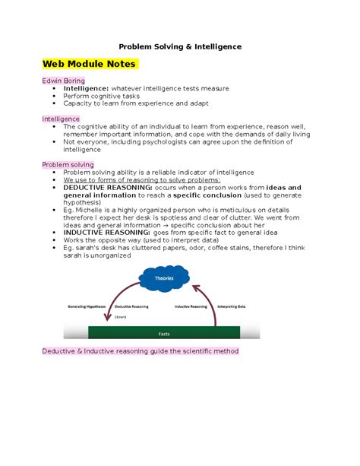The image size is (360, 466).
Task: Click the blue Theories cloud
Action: point(164,279)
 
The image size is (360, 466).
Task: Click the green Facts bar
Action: point(164,333)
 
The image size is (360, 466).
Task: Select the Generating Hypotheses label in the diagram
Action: point(88,306)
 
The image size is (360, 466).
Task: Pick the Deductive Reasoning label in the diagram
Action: point(131,306)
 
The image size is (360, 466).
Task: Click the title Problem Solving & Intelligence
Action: point(180,46)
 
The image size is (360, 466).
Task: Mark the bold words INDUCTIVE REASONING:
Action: point(105,233)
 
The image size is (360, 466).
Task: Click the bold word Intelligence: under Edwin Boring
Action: point(87,88)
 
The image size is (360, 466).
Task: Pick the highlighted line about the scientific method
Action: point(140,351)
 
